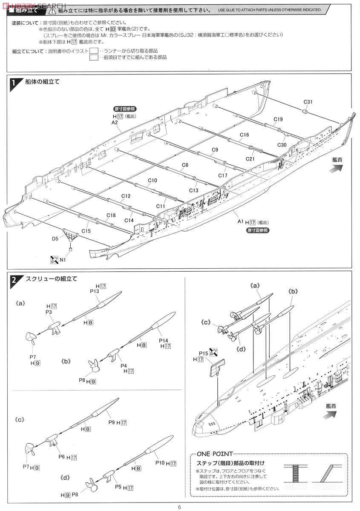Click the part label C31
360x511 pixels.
pos(308,102)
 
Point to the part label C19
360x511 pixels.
pos(278,119)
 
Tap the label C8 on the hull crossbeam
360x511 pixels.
pos(185,165)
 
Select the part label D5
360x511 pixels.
pos(55,239)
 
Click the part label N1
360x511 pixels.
pos(63,260)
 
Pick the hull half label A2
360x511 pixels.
pos(115,122)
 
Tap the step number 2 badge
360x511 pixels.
pos(14,280)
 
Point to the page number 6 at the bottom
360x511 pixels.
pos(180,507)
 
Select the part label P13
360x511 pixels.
pos(95,291)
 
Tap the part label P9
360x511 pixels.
pos(112,422)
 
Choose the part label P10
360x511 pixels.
pos(160,462)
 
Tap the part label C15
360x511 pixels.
pos(86,231)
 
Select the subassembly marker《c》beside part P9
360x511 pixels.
pos(20,419)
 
